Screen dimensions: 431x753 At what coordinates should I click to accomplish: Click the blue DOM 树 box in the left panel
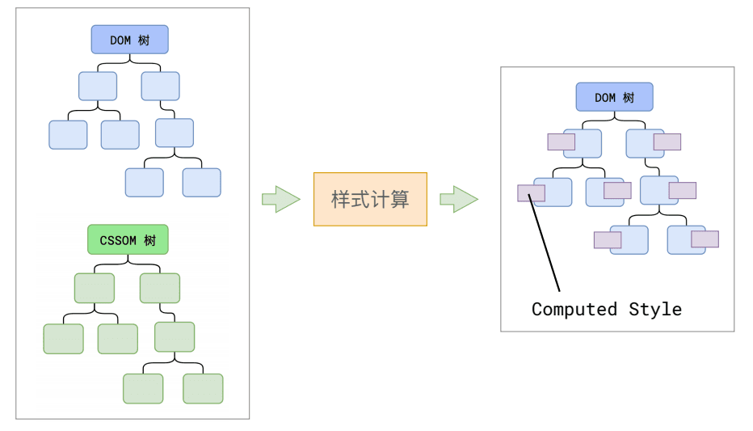(129, 40)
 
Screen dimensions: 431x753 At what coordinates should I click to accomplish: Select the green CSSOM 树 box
(128, 240)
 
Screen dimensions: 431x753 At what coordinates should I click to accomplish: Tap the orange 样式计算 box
(370, 199)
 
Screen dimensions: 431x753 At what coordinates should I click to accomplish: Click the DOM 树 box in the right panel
(614, 97)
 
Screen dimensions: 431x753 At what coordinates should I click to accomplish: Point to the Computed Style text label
(606, 309)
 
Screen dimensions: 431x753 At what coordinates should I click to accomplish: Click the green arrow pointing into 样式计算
(280, 199)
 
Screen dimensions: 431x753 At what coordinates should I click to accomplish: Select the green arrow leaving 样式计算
(458, 199)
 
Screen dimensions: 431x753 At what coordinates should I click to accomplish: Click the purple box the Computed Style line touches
(531, 193)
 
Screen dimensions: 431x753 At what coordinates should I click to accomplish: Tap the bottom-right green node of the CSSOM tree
(203, 388)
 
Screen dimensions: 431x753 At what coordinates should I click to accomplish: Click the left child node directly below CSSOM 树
(95, 288)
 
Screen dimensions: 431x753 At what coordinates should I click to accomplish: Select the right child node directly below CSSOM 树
(160, 288)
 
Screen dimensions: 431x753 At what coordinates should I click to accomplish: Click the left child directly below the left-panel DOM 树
(98, 86)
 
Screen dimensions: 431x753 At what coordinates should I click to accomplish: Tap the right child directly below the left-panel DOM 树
(160, 86)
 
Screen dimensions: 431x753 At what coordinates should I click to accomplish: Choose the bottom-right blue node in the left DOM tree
(201, 183)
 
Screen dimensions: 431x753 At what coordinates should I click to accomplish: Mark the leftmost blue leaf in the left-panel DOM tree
(68, 134)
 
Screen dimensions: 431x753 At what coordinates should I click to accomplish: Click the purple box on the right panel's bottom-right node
(705, 239)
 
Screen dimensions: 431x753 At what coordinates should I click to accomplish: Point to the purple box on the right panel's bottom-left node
(608, 240)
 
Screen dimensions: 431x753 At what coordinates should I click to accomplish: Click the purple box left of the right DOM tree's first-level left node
(561, 142)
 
